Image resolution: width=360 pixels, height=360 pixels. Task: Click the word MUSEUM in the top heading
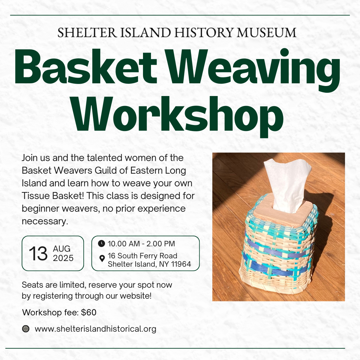(x=267, y=32)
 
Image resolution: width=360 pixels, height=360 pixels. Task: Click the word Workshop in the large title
(x=178, y=116)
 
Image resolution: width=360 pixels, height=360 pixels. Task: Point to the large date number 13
(x=38, y=253)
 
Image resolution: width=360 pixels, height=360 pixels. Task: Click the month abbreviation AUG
(x=62, y=249)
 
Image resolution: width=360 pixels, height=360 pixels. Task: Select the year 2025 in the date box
(x=63, y=258)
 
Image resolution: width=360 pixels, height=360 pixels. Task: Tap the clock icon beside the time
(x=101, y=243)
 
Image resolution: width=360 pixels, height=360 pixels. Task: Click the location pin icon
(x=102, y=258)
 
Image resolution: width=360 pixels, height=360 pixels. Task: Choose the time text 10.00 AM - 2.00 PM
(x=141, y=244)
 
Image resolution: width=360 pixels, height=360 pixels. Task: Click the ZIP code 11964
(x=181, y=264)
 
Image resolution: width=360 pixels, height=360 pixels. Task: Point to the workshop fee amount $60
(x=89, y=312)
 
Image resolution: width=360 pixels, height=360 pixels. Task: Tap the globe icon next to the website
(x=26, y=329)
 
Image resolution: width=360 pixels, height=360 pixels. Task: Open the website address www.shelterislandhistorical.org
(x=96, y=329)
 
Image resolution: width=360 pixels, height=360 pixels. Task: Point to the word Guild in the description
(x=106, y=171)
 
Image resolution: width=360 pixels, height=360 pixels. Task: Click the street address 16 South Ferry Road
(x=142, y=256)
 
